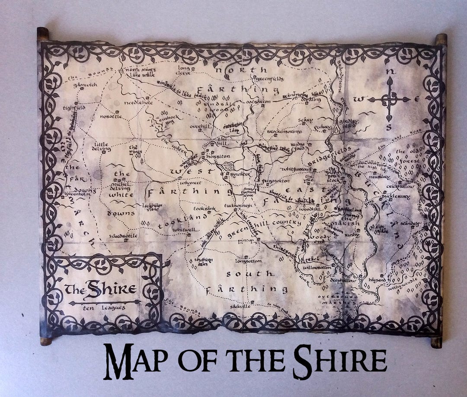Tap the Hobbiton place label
point(218,156)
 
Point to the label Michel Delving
point(121,185)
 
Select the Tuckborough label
point(237,205)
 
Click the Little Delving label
point(102,147)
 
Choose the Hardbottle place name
point(123,236)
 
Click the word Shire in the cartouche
point(111,289)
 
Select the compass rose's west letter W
point(358,99)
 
